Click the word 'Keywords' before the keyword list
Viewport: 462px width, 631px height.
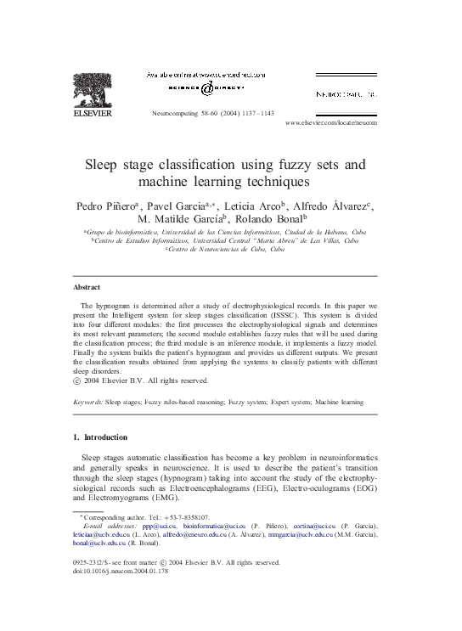[x=88, y=397]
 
